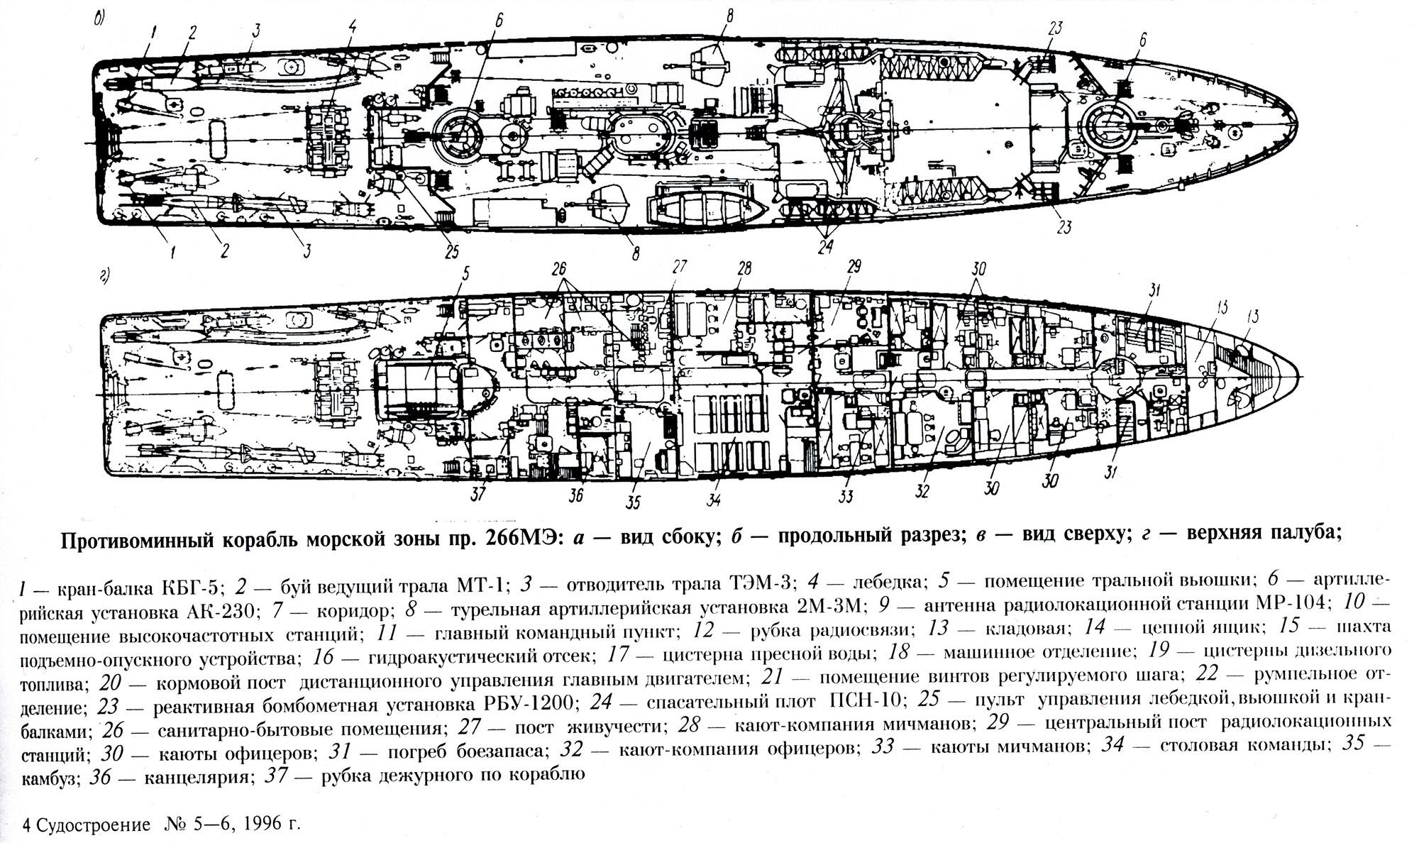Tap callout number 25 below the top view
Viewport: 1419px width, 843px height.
[x=451, y=251]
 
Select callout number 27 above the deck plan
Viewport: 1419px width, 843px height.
[x=680, y=267]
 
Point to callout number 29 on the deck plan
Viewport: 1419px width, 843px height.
[x=854, y=267]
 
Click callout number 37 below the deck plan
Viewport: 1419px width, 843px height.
[x=479, y=493]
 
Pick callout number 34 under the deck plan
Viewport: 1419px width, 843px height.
[x=714, y=500]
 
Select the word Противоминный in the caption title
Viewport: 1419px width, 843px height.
[x=134, y=539]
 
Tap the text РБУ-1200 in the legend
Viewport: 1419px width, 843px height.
[x=526, y=701]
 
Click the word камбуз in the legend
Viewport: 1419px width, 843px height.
[x=54, y=778]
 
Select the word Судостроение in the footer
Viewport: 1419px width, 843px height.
[x=93, y=825]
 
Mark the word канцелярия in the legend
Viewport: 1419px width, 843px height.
[x=199, y=776]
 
